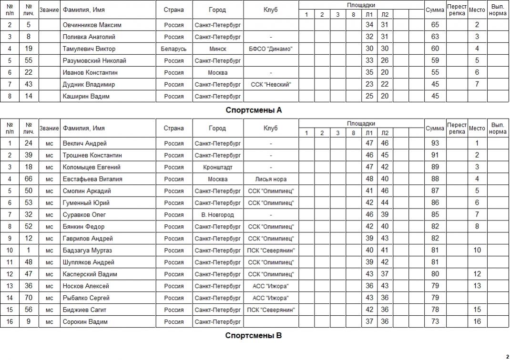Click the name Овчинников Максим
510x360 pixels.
tap(92, 25)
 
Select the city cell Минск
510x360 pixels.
tap(217, 49)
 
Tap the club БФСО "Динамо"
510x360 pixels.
tap(271, 49)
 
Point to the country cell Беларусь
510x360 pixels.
tap(173, 49)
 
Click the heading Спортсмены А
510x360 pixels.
tap(254, 110)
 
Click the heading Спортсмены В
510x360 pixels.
tap(254, 336)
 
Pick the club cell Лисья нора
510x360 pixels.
tap(271, 179)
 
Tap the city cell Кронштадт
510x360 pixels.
tap(217, 167)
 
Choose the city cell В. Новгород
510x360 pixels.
tap(217, 215)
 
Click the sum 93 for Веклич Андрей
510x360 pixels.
tap(435, 143)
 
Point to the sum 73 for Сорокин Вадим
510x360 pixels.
tap(435, 321)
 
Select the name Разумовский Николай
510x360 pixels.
tap(94, 60)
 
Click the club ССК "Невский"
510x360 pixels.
tap(271, 84)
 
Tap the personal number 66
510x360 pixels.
tap(29, 179)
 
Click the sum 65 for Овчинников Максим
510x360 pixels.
tap(435, 25)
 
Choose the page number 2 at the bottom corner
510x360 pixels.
tap(507, 356)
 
